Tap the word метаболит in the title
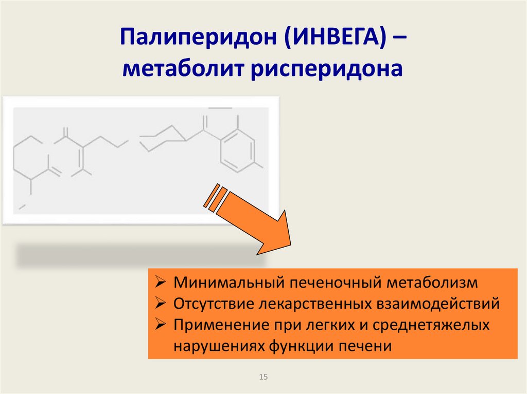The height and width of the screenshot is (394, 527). pos(183,69)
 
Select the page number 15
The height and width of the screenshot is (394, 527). pos(264,377)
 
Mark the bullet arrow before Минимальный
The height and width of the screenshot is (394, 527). pos(160,283)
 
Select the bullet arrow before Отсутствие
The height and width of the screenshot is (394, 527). pos(160,304)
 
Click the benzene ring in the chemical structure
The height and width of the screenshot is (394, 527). pos(236,149)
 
